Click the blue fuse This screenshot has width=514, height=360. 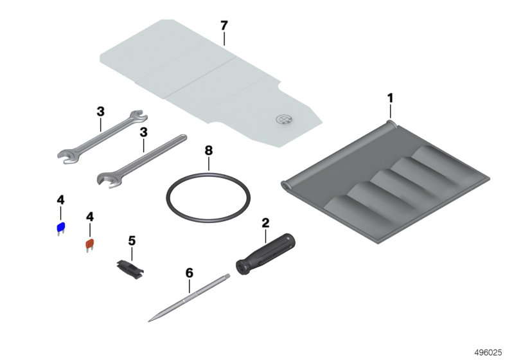tap(61, 228)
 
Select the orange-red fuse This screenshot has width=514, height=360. tap(90, 244)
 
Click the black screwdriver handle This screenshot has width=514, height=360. tap(265, 255)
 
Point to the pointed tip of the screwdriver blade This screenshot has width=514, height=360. tap(149, 321)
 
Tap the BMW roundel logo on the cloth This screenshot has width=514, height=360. tap(284, 119)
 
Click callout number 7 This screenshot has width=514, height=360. tap(224, 25)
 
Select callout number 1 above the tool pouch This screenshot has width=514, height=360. tap(390, 98)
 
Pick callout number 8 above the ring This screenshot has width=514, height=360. tap(208, 150)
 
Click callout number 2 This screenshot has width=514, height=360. tap(265, 223)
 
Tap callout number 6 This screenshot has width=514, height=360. tap(190, 273)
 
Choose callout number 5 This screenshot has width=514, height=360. tap(132, 240)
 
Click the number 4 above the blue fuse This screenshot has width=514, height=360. tap(60, 200)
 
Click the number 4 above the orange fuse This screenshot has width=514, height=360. tap(90, 217)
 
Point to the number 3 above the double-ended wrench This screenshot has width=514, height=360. tap(101, 111)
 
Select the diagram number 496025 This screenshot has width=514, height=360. tap(488, 352)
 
